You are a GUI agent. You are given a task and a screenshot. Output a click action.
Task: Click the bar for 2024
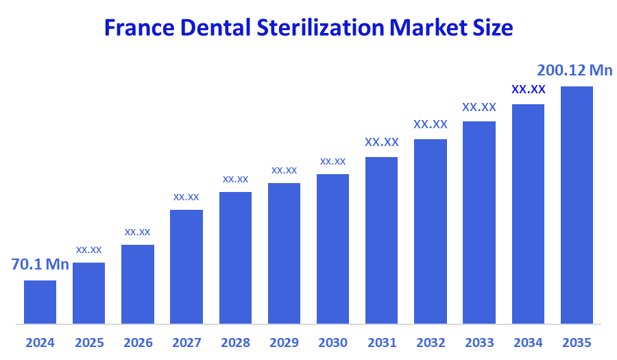click(x=40, y=302)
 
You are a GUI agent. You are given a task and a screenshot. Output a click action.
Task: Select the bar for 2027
click(x=186, y=266)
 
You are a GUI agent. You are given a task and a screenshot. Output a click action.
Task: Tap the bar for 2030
click(x=332, y=248)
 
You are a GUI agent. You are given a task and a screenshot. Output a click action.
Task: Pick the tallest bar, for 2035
click(x=577, y=204)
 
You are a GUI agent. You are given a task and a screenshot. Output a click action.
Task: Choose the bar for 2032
click(x=431, y=231)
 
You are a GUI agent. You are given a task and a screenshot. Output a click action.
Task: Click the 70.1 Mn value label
click(x=40, y=265)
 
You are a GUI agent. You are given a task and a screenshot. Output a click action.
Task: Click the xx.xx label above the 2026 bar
click(x=137, y=232)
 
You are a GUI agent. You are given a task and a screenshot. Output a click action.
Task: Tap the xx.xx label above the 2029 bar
click(x=284, y=170)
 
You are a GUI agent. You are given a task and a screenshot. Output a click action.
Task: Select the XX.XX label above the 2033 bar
click(x=479, y=107)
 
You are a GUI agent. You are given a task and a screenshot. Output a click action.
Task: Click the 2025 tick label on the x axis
click(x=89, y=342)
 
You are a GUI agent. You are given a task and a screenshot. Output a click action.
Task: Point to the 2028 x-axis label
click(x=235, y=342)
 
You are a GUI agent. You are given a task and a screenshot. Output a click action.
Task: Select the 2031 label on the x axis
click(x=382, y=342)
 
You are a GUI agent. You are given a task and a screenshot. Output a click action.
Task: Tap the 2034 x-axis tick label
click(x=528, y=342)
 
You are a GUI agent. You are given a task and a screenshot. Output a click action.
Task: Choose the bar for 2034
click(x=528, y=213)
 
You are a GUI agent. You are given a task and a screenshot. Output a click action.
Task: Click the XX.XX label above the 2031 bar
click(x=382, y=143)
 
